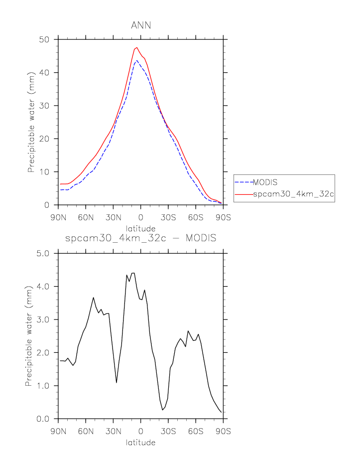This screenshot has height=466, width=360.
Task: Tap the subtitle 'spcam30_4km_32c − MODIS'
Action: (x=140, y=238)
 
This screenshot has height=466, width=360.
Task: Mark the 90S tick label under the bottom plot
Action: (x=223, y=430)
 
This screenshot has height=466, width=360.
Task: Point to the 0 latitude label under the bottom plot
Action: (x=141, y=430)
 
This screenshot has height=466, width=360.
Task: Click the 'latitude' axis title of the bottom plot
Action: (x=140, y=442)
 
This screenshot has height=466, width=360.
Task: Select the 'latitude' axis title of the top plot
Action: (x=140, y=229)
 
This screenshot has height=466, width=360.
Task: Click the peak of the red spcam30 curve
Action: (x=137, y=47)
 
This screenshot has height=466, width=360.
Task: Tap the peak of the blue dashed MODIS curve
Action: (x=136, y=61)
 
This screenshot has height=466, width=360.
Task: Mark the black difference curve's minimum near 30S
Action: (x=162, y=410)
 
